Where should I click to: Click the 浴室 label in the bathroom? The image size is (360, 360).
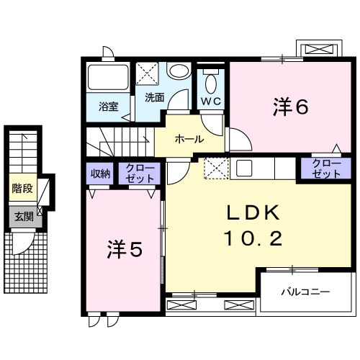click(x=109, y=108)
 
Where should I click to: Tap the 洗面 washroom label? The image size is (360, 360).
click(x=153, y=96)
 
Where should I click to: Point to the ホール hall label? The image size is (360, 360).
click(x=189, y=139)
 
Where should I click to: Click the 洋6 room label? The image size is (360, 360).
click(x=290, y=107)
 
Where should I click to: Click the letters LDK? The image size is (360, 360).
click(x=252, y=212)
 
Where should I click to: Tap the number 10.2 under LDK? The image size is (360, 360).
click(x=252, y=238)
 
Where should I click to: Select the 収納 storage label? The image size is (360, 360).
click(x=99, y=173)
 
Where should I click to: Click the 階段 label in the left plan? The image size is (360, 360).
click(x=22, y=189)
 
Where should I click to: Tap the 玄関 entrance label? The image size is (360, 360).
click(x=22, y=215)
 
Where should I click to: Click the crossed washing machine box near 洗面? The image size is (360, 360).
click(x=149, y=74)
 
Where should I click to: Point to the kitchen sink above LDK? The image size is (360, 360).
click(x=243, y=168)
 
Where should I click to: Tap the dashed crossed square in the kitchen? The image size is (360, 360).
click(x=215, y=168)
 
